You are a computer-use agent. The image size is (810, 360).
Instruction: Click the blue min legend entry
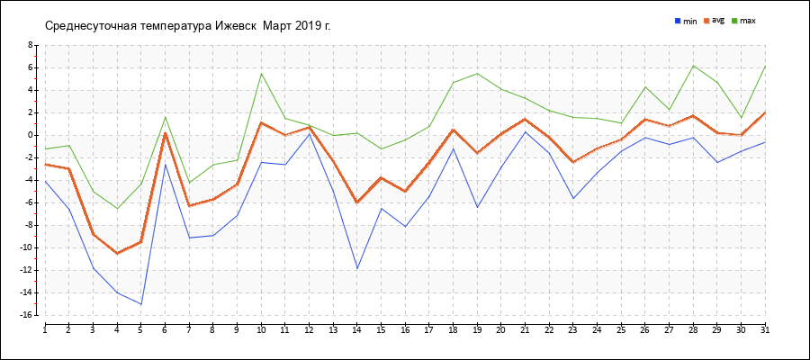pos(686,20)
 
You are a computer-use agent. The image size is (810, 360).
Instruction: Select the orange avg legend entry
pos(714,20)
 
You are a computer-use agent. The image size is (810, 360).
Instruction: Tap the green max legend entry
pos(742,20)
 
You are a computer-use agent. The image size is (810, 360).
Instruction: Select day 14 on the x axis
pos(356,330)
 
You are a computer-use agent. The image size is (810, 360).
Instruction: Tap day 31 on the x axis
pos(765,330)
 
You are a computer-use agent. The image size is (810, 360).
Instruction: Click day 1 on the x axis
pos(45,330)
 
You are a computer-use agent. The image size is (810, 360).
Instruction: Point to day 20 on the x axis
pos(500,330)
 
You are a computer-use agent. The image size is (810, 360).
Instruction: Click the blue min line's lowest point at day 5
pos(141,304)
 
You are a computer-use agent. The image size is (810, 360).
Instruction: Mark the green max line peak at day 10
pos(261,73)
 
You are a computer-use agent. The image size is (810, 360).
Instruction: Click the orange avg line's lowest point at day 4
pos(117,253)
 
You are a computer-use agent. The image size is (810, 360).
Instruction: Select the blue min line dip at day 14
pos(357,268)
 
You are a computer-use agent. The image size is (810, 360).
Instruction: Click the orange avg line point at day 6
pos(165,133)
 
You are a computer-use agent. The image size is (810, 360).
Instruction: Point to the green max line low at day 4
pos(117,209)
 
